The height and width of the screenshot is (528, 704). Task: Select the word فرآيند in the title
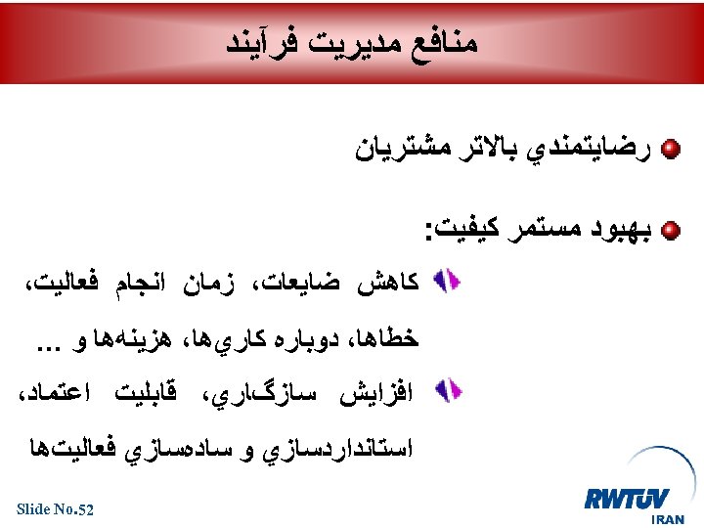pyautogui.click(x=260, y=42)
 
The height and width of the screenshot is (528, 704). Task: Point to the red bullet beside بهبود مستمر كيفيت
pyautogui.click(x=671, y=232)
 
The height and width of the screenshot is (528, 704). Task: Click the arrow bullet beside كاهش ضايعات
pyautogui.click(x=446, y=283)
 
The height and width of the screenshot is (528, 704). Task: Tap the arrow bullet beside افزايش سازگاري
pyautogui.click(x=446, y=391)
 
